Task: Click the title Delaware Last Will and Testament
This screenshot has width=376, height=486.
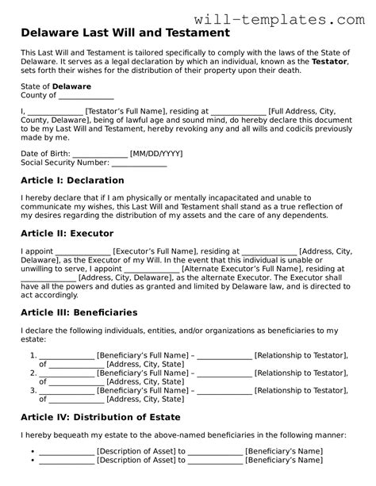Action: coord(125,33)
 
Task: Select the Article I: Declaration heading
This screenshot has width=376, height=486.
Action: coord(72,181)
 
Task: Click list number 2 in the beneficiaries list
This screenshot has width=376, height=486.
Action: coord(33,372)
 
